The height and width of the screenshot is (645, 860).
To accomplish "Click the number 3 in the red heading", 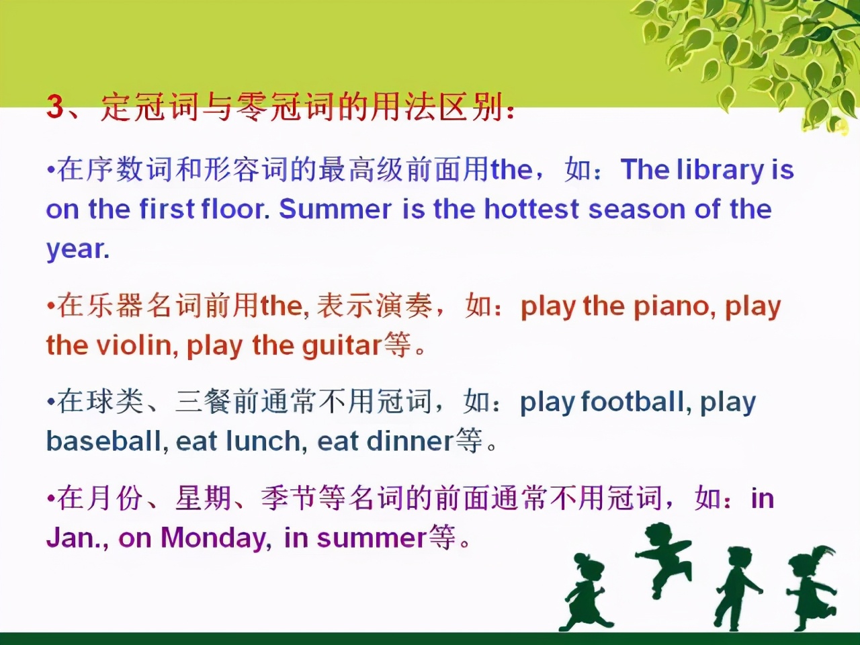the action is click(55, 107).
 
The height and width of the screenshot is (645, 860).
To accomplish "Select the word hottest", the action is click(531, 209).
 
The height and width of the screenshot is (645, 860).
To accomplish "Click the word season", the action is click(637, 210).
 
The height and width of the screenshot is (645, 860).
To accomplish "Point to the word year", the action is click(77, 249).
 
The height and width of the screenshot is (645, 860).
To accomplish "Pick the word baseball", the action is click(104, 441).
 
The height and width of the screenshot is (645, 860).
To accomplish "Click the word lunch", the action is click(263, 441).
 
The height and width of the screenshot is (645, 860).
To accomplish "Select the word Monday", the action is click(213, 538).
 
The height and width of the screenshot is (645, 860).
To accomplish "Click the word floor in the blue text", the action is click(235, 209).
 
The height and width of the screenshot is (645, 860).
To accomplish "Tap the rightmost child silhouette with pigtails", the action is click(811, 587).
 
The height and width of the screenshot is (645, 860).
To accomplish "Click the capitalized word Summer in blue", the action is click(335, 209).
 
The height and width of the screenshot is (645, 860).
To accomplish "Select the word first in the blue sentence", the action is click(167, 209).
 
